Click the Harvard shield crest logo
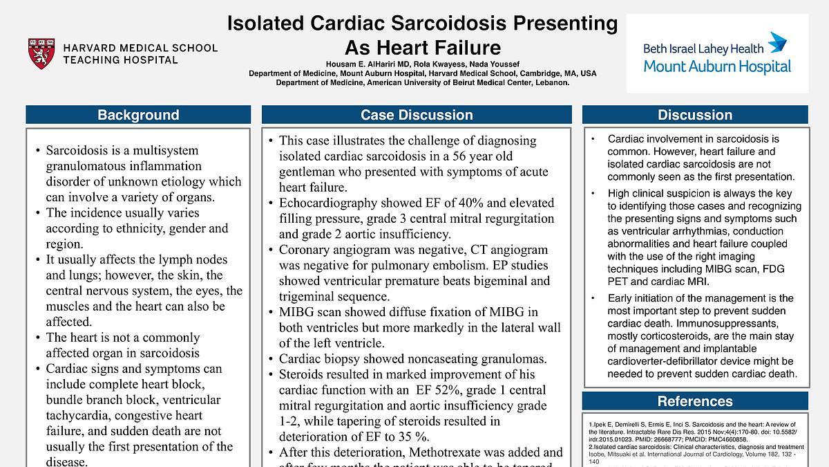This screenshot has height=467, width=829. (x=41, y=54)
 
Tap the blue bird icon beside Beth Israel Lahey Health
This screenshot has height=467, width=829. (x=778, y=43)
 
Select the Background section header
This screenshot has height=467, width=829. (x=138, y=115)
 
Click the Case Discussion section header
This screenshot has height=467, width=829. (x=417, y=115)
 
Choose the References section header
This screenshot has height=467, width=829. (x=694, y=401)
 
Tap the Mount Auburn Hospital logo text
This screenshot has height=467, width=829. (x=717, y=66)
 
